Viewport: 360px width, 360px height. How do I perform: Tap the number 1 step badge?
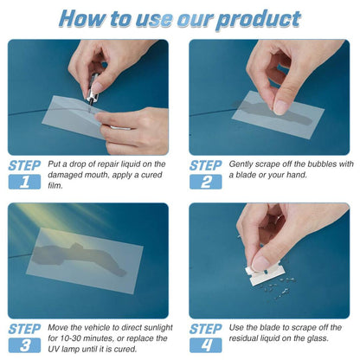[24, 182]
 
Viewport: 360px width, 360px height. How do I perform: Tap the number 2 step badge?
[205, 182]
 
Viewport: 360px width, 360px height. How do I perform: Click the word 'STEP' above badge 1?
[24, 164]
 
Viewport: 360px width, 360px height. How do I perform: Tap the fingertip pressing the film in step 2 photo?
[280, 107]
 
